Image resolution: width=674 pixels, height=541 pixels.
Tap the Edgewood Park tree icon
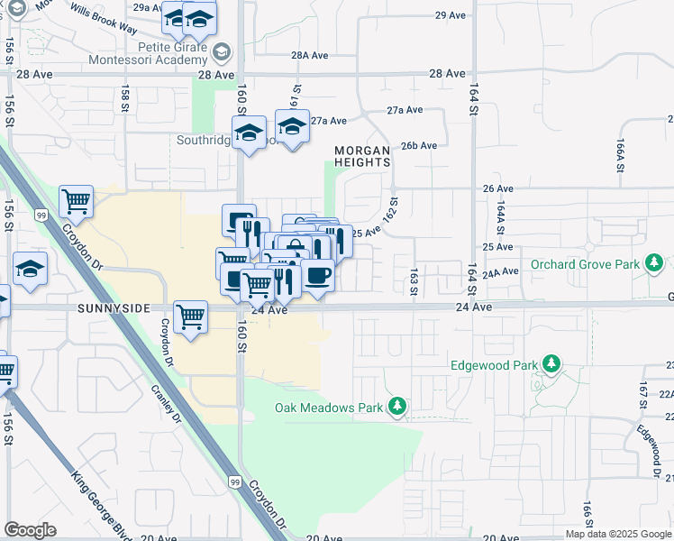(x=552, y=365)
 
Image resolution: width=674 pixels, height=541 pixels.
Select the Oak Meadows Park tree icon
(x=396, y=408)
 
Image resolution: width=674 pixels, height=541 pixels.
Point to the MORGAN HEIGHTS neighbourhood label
(x=363, y=156)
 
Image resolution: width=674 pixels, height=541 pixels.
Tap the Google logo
(x=30, y=530)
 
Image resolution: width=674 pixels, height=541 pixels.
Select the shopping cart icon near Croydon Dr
(x=77, y=201)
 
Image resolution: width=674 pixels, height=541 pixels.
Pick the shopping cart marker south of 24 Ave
(x=190, y=316)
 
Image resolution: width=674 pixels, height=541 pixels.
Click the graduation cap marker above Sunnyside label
(x=30, y=268)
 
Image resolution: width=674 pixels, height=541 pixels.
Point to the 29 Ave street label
(x=448, y=15)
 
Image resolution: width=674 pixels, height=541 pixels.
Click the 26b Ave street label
(x=419, y=145)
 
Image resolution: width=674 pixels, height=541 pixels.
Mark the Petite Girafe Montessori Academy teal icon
(x=223, y=52)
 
